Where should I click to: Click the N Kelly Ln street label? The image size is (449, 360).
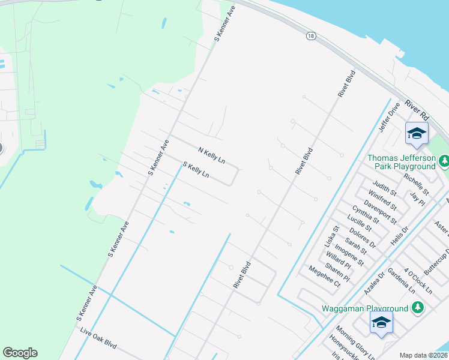(212, 154)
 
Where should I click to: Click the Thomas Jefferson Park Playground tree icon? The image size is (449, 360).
(444, 160)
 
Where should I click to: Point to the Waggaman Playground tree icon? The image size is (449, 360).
(418, 308)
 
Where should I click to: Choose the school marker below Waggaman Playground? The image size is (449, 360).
(381, 322)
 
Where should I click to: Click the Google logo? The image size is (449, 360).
(20, 353)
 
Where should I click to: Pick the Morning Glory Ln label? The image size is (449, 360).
(355, 343)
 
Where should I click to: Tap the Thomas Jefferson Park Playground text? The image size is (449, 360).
(401, 162)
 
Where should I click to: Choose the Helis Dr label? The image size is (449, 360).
(399, 234)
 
